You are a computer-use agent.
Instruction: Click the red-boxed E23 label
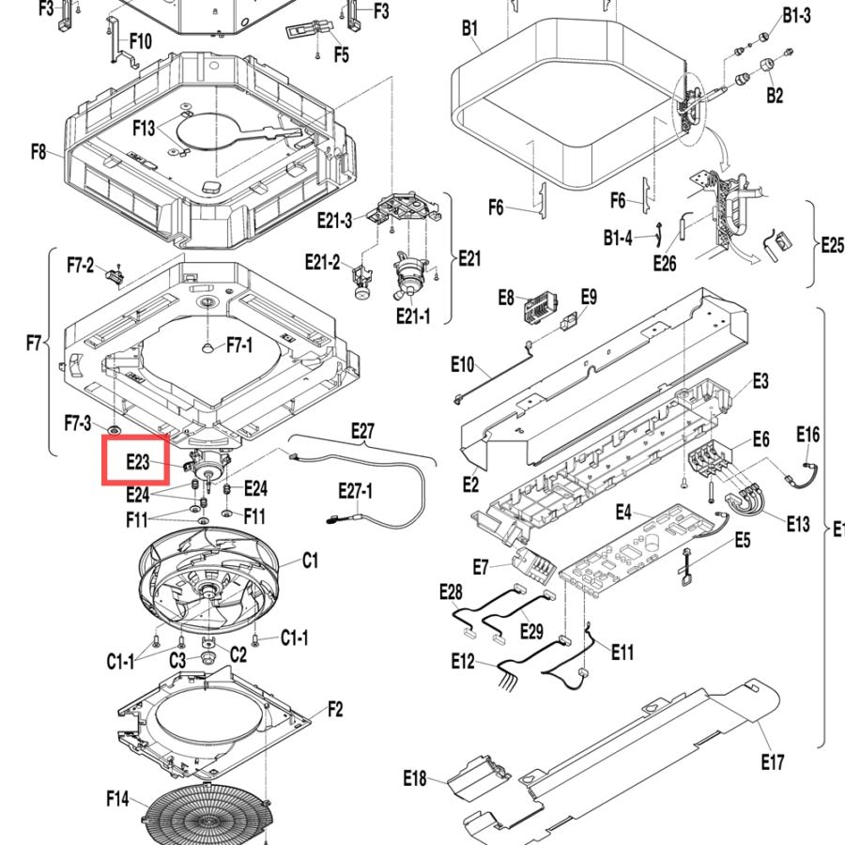pos(137,461)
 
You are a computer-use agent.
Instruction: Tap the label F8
pos(38,151)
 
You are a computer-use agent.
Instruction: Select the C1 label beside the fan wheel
pos(310,561)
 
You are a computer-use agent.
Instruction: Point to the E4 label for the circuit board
pos(623,512)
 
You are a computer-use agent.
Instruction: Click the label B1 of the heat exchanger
pos(470,27)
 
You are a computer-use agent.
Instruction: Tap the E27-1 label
pos(355,491)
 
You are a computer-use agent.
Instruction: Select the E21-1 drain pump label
pos(413,315)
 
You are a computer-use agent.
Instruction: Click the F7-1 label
pos(239,345)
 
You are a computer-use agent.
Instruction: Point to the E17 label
pos(773,762)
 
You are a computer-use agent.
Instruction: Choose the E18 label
pos(414,778)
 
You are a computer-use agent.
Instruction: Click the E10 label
pos(462,365)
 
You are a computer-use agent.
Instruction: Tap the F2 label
pos(335,709)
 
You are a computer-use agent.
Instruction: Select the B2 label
pos(775,95)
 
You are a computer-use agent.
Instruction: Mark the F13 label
pos(144,128)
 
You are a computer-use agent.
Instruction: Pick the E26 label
pos(665,263)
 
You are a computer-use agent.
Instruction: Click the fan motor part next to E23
pos(208,466)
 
